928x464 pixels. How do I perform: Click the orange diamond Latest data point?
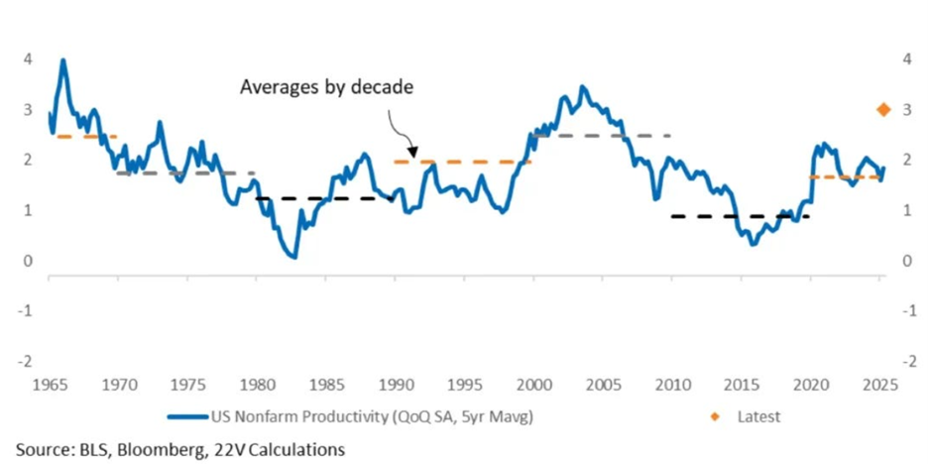[x=881, y=110]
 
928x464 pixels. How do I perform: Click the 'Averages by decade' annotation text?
[x=325, y=87]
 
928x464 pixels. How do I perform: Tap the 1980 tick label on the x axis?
[x=257, y=382]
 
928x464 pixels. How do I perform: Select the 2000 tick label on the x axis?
[x=534, y=382]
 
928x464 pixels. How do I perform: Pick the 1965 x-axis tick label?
[x=49, y=382]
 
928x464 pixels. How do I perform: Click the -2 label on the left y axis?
[x=28, y=359]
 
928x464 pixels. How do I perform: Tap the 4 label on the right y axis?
[x=906, y=58]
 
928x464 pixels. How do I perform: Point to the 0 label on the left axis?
[x=28, y=261]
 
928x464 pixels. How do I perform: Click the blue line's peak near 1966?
[x=63, y=60]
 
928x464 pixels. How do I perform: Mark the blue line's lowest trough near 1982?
[x=293, y=257]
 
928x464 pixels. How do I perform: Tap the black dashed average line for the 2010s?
[x=740, y=216]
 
